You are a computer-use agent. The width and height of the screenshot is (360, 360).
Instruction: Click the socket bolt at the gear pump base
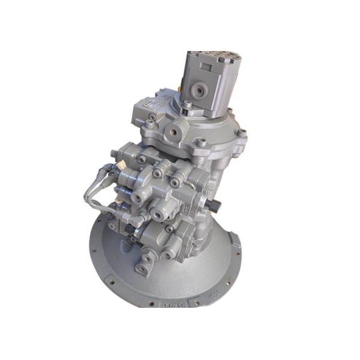coord(188,106)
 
